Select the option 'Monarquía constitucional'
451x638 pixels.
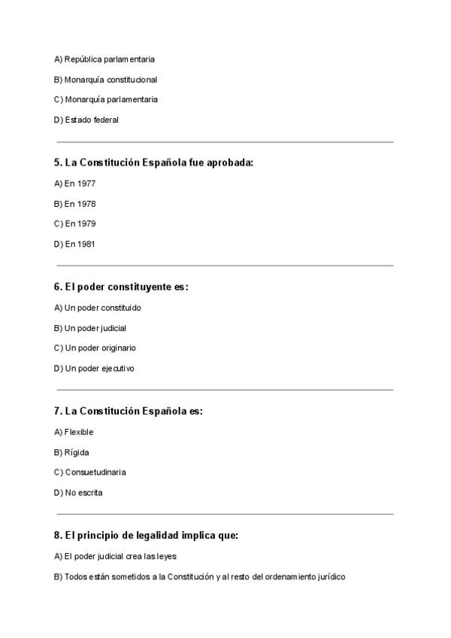tap(110, 79)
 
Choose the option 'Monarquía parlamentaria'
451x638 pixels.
tap(111, 99)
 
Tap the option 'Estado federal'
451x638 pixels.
tap(92, 120)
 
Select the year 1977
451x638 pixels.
tap(86, 184)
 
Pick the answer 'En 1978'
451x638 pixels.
tap(80, 204)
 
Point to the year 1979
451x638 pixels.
tap(86, 224)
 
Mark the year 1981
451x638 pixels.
tap(86, 245)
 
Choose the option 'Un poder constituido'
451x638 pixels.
tap(103, 308)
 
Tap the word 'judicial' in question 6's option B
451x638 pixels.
tap(113, 328)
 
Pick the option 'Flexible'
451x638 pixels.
tap(79, 432)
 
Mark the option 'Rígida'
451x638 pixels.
tap(77, 452)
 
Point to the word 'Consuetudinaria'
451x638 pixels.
tap(95, 472)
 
